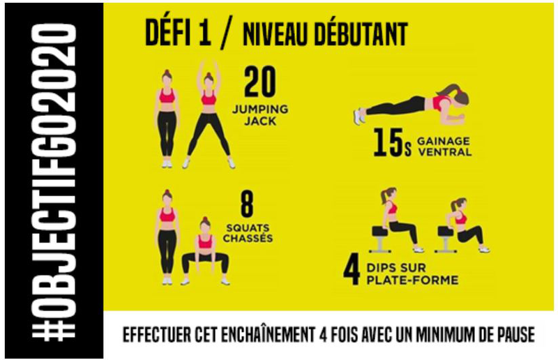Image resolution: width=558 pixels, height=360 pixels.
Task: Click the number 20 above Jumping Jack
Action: [259, 82]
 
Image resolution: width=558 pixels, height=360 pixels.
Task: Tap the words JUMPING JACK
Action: [260, 115]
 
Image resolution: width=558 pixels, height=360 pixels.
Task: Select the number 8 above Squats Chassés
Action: [247, 204]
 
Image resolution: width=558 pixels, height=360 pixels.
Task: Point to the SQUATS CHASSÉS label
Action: [248, 233]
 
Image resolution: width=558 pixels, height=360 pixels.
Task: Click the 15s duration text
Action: [392, 143]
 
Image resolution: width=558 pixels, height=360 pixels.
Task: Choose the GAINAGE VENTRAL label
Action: [444, 147]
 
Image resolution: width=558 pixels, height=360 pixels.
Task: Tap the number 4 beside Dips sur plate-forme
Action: [352, 272]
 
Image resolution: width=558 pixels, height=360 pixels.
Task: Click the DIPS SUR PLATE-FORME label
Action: [412, 273]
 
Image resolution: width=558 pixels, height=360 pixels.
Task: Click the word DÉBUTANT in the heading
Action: [361, 34]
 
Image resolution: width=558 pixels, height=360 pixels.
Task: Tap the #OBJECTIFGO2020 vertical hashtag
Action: [54, 181]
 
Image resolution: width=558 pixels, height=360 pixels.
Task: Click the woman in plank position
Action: [412, 105]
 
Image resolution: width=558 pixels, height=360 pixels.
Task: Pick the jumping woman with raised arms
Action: [209, 114]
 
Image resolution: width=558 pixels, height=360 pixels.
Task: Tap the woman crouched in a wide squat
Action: [205, 251]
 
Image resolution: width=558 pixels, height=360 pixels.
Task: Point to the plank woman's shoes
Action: [359, 116]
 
